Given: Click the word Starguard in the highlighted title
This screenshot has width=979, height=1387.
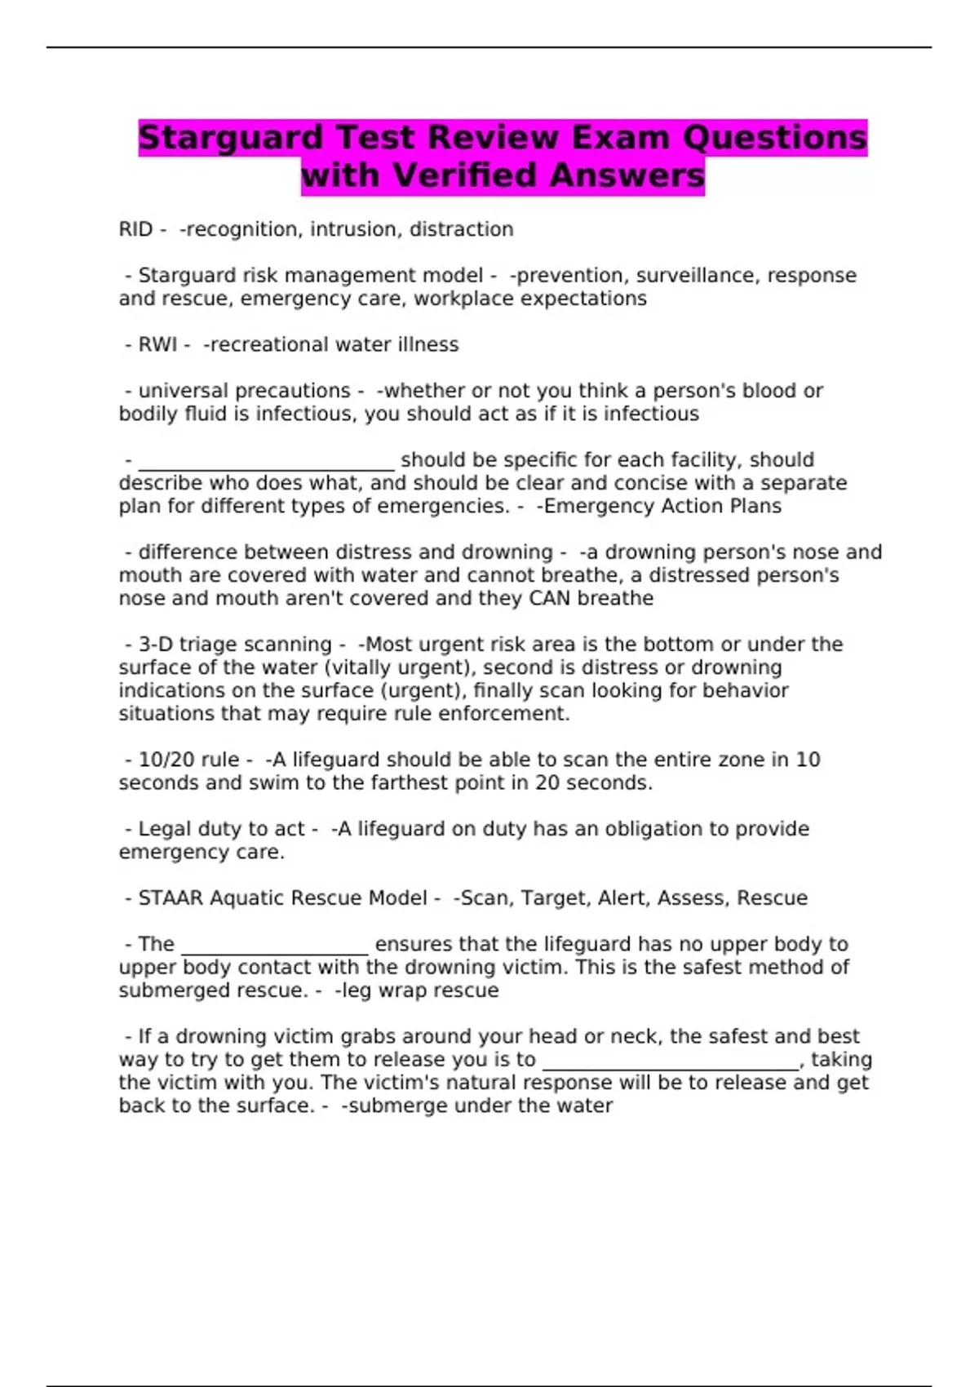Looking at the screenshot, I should tap(231, 138).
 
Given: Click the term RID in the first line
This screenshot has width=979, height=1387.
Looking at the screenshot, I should tap(135, 229).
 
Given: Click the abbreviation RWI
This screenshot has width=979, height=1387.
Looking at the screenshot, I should tap(157, 344).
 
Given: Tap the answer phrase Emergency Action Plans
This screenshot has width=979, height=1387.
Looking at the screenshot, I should tap(662, 506).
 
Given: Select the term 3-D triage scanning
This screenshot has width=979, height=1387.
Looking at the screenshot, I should tap(235, 644).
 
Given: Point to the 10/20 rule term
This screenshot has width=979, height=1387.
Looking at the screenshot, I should tap(188, 760).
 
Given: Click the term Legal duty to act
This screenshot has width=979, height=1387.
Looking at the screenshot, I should tap(221, 829).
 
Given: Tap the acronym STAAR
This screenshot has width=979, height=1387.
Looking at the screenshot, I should tap(171, 898).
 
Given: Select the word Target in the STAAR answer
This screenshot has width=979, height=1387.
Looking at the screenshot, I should tap(555, 898).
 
